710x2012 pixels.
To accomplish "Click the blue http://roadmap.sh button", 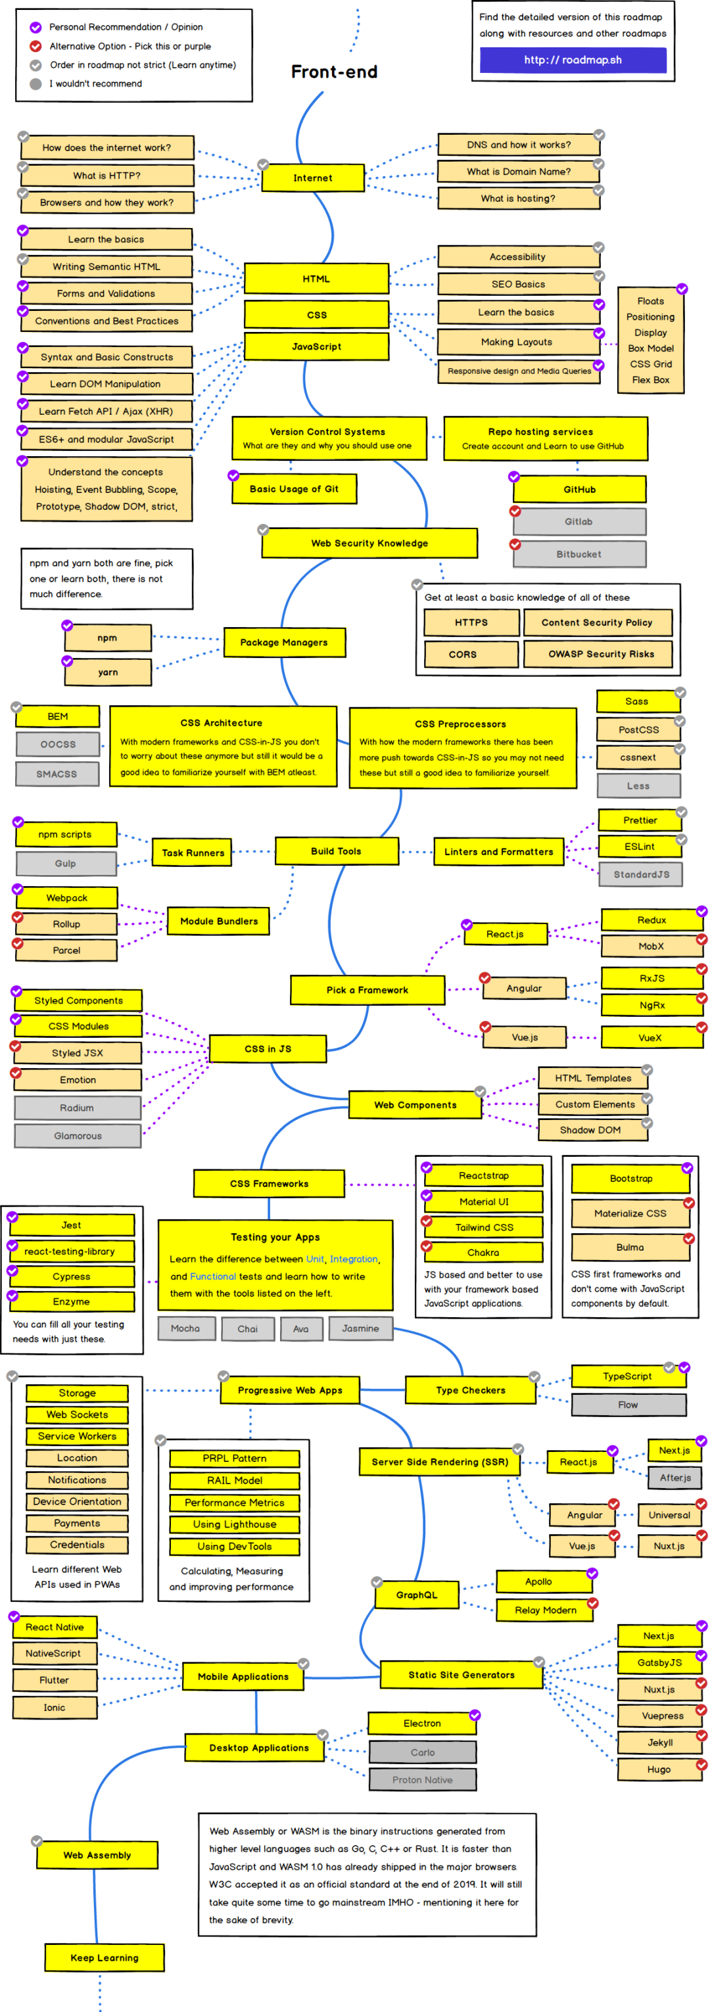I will click(573, 60).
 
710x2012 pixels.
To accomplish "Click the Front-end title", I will click(335, 72).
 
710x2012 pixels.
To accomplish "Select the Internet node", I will click(312, 178).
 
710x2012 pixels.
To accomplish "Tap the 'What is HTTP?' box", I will click(107, 175).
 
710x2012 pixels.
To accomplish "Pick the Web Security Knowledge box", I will click(369, 543).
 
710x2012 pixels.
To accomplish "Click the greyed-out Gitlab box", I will click(579, 522).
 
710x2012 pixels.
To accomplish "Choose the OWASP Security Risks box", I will click(598, 654).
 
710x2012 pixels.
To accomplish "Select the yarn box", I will click(108, 672).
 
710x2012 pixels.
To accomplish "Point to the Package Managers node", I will click(283, 642).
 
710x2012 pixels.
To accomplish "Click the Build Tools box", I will click(336, 851).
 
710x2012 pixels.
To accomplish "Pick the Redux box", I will click(651, 920).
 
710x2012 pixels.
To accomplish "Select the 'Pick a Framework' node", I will click(367, 990).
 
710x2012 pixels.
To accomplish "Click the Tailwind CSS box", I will click(485, 1227).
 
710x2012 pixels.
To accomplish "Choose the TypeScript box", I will click(627, 1376).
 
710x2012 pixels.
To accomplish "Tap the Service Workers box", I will click(76, 1436).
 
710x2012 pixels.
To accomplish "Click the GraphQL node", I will click(416, 1595).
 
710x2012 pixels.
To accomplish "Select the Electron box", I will click(422, 1723).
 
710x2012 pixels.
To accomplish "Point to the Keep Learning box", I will click(104, 1957).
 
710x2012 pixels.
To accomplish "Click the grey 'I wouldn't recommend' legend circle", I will click(35, 83).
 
